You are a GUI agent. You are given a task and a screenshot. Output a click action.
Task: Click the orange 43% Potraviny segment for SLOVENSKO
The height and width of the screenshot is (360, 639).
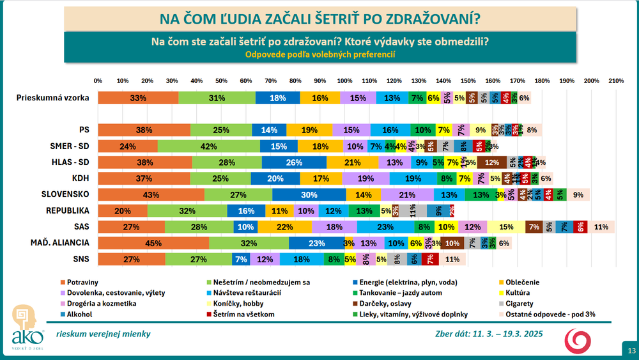[151, 194]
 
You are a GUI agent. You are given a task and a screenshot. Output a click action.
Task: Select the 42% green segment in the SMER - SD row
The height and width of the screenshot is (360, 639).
[209, 146]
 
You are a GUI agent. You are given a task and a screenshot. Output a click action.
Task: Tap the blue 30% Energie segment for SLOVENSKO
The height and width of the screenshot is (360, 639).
[309, 194]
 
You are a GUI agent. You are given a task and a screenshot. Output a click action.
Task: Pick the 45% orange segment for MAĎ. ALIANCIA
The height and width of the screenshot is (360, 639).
[153, 242]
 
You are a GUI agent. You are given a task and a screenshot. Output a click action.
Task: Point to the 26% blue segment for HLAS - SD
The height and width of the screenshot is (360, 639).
[295, 162]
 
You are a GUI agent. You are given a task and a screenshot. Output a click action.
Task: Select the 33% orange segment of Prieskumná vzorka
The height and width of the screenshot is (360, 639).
[138, 98]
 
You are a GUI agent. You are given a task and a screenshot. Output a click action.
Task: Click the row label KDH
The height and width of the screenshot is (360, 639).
[81, 178]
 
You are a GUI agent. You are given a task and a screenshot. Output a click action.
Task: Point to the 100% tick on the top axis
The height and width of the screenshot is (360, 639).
[344, 81]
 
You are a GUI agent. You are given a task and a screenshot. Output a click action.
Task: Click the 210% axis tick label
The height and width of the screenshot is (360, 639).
[616, 81]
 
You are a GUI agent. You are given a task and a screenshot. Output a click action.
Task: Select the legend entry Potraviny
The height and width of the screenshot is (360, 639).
[82, 281]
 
